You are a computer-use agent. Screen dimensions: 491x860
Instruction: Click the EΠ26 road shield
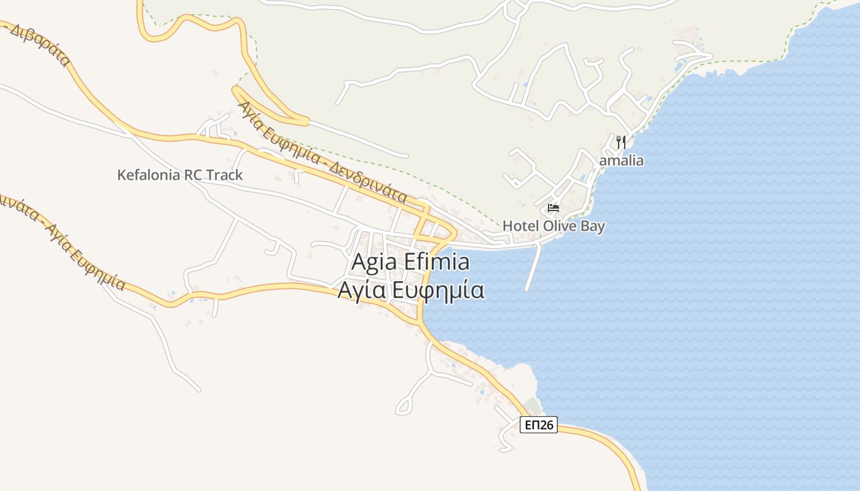click(x=538, y=425)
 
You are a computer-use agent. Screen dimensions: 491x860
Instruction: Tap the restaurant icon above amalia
click(x=621, y=143)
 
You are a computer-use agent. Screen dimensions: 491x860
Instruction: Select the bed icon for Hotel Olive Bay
click(x=553, y=208)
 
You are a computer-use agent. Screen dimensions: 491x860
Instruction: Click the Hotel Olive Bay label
click(x=553, y=226)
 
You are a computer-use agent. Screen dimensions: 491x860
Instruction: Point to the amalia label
click(x=621, y=161)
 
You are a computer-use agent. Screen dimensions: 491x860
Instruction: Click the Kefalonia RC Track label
click(x=180, y=175)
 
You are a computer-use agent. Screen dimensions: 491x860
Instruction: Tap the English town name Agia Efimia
click(x=410, y=262)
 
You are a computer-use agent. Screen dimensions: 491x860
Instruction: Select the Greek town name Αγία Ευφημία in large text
click(x=410, y=290)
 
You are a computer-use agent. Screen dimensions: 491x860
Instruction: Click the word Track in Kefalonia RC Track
click(x=224, y=175)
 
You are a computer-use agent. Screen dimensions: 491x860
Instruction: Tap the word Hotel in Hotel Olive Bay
click(x=520, y=226)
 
